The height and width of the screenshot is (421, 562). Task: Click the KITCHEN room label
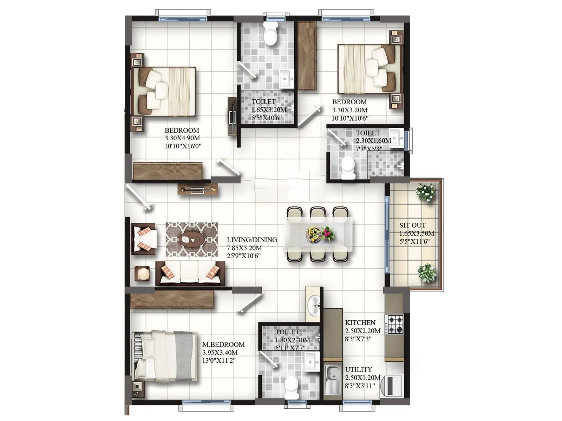(x=360, y=323)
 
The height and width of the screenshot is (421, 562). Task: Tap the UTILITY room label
(x=358, y=370)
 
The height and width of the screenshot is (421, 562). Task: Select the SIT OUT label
(x=412, y=225)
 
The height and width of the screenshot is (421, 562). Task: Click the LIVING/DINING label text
(x=252, y=240)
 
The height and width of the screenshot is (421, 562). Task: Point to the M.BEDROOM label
(x=223, y=345)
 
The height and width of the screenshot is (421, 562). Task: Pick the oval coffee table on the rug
(x=192, y=239)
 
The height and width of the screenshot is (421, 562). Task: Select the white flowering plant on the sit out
(x=426, y=192)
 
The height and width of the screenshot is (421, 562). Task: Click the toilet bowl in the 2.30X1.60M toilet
(x=348, y=168)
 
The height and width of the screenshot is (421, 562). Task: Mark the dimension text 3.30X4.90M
(x=182, y=138)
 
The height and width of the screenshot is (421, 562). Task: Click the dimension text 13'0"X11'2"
(x=219, y=361)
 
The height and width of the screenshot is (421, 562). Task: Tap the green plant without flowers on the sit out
(x=426, y=273)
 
